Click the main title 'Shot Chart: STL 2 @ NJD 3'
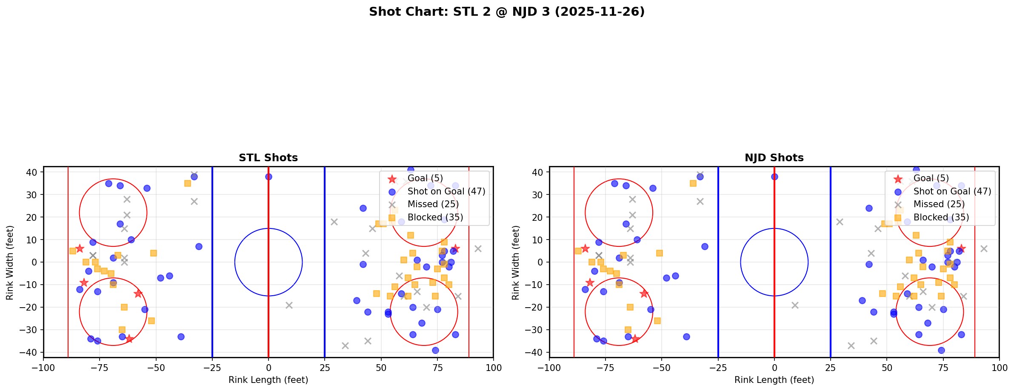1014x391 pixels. click(506, 12)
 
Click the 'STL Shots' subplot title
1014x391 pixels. click(268, 158)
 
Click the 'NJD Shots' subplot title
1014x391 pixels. click(774, 158)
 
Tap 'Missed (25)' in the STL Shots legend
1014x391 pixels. click(433, 204)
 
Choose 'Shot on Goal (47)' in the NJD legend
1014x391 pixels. click(952, 191)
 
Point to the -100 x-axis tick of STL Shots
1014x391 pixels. click(43, 368)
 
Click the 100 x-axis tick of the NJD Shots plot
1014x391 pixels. click(999, 368)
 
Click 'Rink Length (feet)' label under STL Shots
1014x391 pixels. click(268, 380)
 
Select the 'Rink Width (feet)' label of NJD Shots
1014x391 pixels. click(516, 262)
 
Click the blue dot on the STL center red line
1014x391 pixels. click(268, 177)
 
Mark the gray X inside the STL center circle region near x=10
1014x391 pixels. click(289, 305)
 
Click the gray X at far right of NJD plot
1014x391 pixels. click(984, 248)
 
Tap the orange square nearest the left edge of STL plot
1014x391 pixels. click(72, 251)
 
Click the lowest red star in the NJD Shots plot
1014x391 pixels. click(635, 339)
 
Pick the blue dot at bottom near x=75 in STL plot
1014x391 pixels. click(435, 351)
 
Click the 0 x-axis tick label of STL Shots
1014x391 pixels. click(268, 368)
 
